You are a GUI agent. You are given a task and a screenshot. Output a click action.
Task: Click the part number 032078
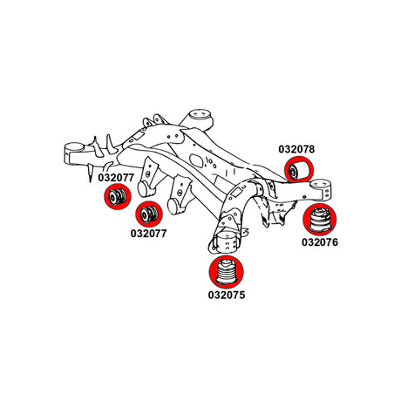click(296, 149)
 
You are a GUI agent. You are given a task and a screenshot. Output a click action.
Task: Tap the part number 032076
click(320, 242)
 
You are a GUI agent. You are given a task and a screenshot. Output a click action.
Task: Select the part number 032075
click(227, 295)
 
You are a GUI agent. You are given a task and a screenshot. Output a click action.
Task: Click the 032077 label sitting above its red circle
click(116, 178)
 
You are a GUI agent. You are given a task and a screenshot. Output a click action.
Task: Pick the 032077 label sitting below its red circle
click(148, 234)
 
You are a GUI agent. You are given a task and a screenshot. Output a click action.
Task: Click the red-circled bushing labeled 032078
click(299, 169)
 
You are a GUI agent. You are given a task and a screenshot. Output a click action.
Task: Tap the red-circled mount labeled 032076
click(320, 220)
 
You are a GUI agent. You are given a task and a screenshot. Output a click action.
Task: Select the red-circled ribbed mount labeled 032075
click(227, 272)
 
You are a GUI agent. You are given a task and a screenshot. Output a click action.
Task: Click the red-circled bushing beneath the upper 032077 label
click(118, 196)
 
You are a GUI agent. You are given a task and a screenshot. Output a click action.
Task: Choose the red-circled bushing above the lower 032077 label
click(149, 214)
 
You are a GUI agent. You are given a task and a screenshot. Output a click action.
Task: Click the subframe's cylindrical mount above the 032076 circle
click(321, 189)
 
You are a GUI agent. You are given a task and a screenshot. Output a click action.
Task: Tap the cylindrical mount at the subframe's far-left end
click(73, 153)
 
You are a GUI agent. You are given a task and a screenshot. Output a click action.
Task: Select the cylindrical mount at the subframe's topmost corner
click(200, 119)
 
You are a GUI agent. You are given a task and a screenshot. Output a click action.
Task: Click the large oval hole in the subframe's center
click(195, 160)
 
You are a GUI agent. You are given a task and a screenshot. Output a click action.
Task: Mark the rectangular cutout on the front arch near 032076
click(238, 192)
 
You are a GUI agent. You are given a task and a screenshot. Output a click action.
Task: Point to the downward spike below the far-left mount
click(91, 173)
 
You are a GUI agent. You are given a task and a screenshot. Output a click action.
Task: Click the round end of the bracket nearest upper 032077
click(144, 189)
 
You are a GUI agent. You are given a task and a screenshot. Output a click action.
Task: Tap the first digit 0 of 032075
click(211, 295)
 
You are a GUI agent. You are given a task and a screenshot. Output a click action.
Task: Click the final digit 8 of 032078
click(311, 149)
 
